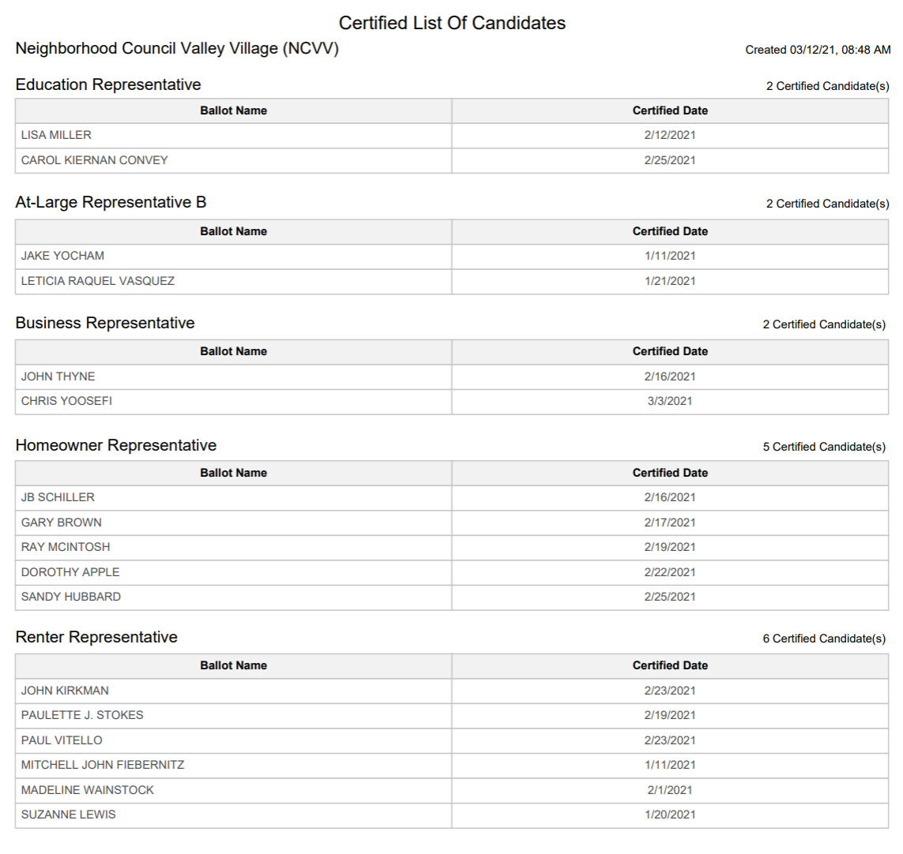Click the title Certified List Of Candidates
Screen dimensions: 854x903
pyautogui.click(x=452, y=23)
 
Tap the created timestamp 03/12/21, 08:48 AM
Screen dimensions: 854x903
pyautogui.click(x=818, y=50)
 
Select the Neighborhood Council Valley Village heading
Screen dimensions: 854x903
pyautogui.click(x=177, y=49)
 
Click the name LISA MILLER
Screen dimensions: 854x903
pyautogui.click(x=56, y=135)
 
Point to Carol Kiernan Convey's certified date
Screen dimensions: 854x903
pyautogui.click(x=670, y=160)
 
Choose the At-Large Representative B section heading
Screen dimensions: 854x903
pyautogui.click(x=111, y=202)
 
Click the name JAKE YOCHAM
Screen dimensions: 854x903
pyautogui.click(x=62, y=256)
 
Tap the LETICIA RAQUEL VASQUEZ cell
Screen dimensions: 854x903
pyautogui.click(x=98, y=281)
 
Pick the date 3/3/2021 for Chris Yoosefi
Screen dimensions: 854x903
pyautogui.click(x=670, y=401)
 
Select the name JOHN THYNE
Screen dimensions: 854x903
pyautogui.click(x=58, y=376)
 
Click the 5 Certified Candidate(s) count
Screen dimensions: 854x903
pyautogui.click(x=824, y=447)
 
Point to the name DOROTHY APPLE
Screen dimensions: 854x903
pyautogui.click(x=70, y=572)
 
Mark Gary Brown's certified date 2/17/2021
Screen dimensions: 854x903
pyautogui.click(x=670, y=523)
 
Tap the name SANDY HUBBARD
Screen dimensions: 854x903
pyautogui.click(x=71, y=597)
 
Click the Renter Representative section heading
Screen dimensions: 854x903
pyautogui.click(x=96, y=637)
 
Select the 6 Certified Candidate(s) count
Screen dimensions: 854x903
pyautogui.click(x=824, y=639)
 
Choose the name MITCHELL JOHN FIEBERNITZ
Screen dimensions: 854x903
pyautogui.click(x=103, y=765)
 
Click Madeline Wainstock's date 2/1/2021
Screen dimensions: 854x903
pyautogui.click(x=670, y=790)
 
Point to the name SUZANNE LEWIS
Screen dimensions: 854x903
pyautogui.click(x=68, y=815)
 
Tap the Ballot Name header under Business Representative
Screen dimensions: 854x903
pyautogui.click(x=233, y=351)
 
